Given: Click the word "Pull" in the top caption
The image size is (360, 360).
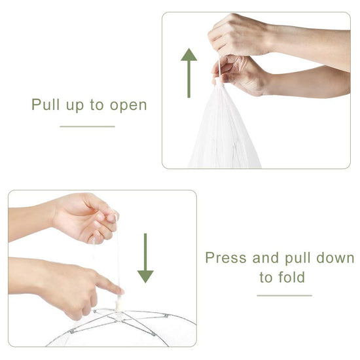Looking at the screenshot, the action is (x=46, y=105).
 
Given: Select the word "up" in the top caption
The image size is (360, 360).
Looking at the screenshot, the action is (x=75, y=106).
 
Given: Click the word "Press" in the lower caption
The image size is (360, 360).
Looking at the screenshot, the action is (x=226, y=257).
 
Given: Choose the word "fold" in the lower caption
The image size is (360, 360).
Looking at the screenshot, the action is (x=291, y=277).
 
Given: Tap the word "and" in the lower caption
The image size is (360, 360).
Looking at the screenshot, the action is (x=266, y=257).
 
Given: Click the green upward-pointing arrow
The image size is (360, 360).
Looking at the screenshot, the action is (x=189, y=73).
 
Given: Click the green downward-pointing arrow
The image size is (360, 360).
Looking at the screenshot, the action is (x=145, y=259).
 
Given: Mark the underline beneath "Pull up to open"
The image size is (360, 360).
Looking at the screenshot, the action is (x=87, y=126).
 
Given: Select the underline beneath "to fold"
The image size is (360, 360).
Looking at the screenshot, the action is (x=284, y=295).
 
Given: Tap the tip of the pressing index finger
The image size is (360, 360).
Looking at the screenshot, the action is (x=122, y=291).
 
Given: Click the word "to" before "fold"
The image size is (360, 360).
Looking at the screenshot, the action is (x=266, y=278).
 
